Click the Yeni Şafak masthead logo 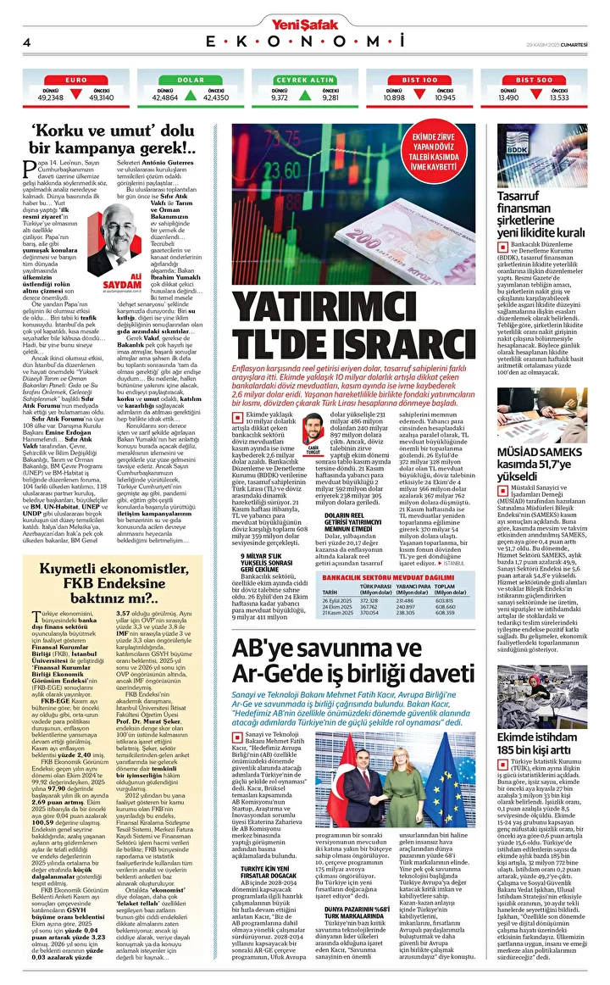(305, 14)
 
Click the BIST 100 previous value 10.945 (445, 97)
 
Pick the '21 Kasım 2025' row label (336, 613)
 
